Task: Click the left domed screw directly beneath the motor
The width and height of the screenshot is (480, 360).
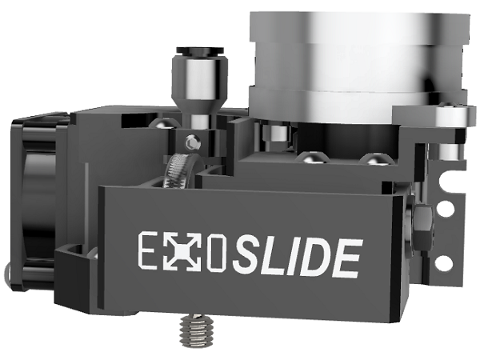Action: [306, 157]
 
